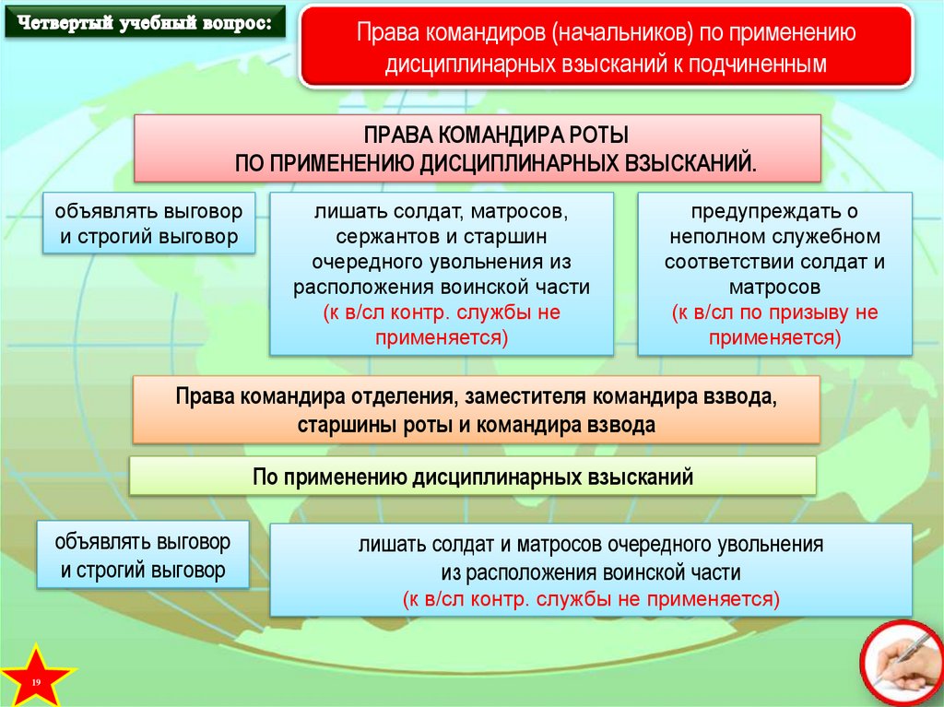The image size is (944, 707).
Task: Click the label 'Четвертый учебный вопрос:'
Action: [x=146, y=22]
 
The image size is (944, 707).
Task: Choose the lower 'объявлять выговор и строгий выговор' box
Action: [x=143, y=555]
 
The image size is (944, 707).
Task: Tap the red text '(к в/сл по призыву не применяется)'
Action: [x=774, y=324]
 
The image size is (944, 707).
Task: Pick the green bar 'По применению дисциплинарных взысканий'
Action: [x=472, y=477]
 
